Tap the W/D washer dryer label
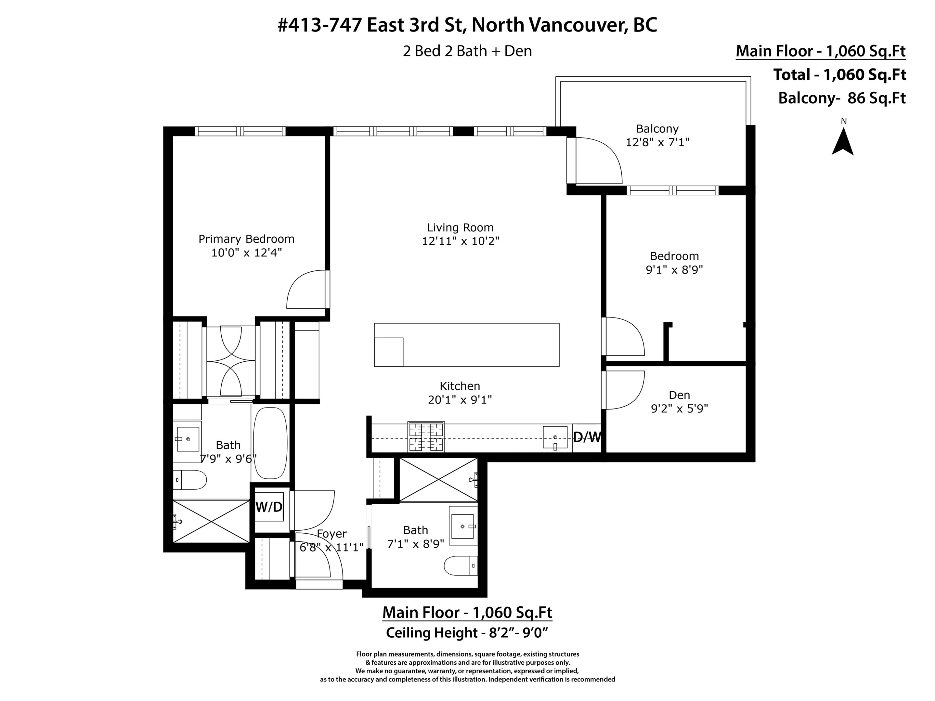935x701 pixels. point(269,507)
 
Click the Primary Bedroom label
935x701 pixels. point(247,239)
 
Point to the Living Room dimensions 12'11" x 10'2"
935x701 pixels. point(460,241)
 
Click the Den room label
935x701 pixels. point(679,395)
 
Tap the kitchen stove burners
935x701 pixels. point(426,437)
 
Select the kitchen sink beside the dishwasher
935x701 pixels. point(555,438)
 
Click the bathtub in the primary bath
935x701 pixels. point(270,443)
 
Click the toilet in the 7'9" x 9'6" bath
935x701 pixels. point(189,479)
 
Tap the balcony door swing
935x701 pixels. point(598,160)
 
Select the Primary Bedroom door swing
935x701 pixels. point(306,289)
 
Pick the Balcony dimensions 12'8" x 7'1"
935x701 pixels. point(657,142)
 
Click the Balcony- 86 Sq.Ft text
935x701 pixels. point(841,98)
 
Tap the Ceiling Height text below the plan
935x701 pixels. point(467,632)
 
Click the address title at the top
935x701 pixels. point(467,25)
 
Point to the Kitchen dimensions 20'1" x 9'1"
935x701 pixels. point(460,400)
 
